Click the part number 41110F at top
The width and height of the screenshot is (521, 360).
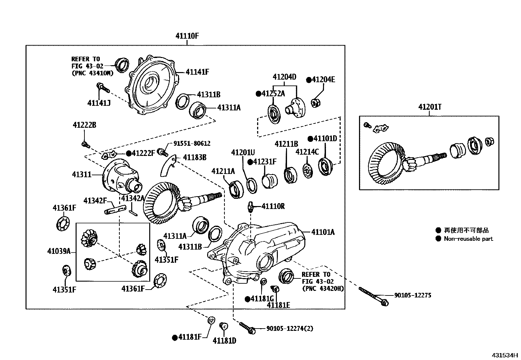pos(187,36)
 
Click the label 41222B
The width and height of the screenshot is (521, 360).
pos(84,125)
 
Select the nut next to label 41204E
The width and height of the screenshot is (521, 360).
pos(316,103)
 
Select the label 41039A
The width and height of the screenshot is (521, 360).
pos(59,251)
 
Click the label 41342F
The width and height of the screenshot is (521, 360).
pos(95,200)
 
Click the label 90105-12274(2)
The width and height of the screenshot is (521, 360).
pos(289,328)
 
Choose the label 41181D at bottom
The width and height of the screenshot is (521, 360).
pos(224,341)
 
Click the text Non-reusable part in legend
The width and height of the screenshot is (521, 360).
pos(468,239)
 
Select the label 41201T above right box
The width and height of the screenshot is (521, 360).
pos(430,107)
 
